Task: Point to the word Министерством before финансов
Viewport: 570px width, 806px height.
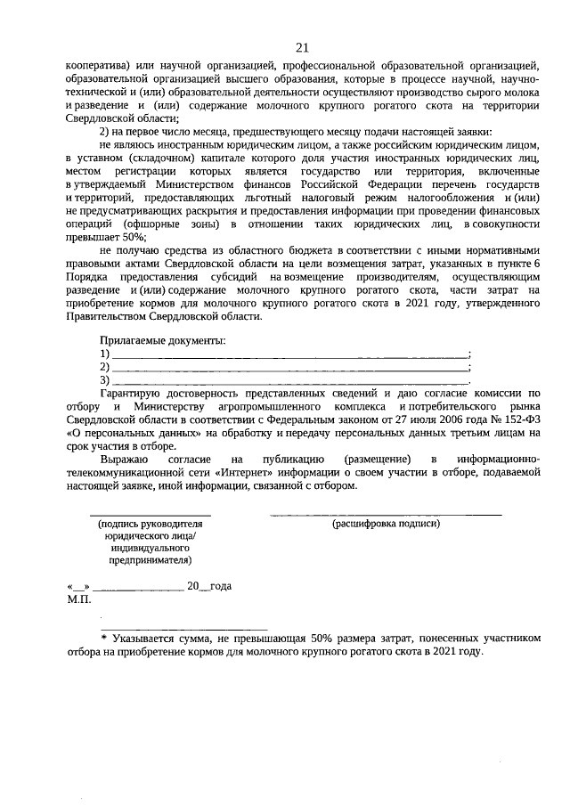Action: (x=207, y=198)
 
